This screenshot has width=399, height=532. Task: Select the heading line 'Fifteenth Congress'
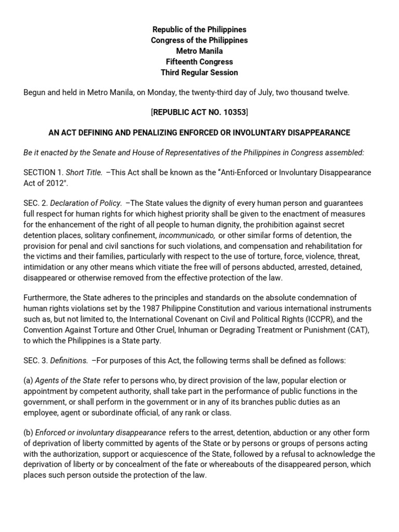click(199, 62)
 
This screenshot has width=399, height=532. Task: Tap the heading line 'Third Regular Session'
click(199, 72)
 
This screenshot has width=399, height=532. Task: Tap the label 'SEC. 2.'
click(36, 203)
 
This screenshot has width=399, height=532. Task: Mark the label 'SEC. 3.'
click(36, 359)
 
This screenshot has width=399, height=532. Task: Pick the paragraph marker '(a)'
click(29, 380)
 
